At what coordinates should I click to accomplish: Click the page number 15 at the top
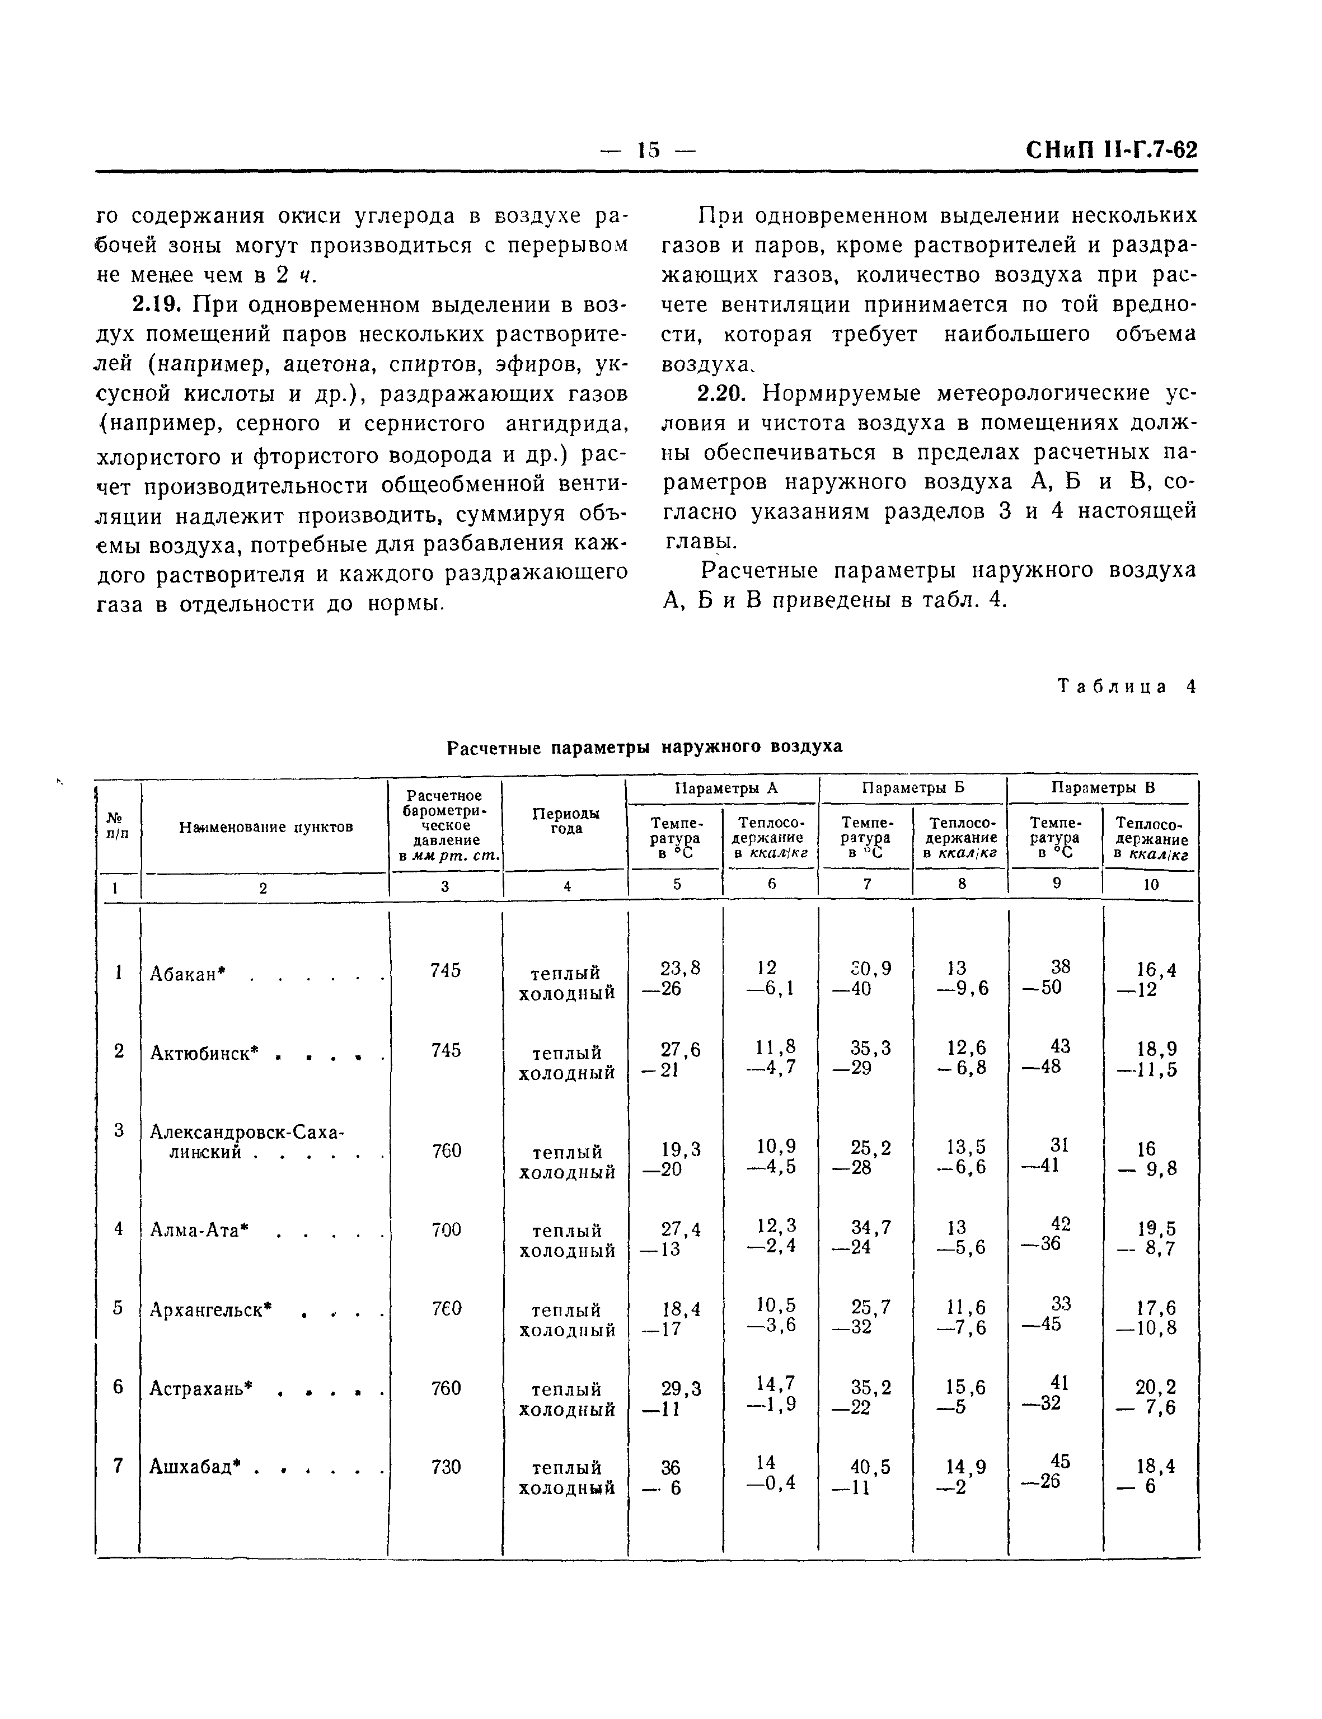click(x=649, y=149)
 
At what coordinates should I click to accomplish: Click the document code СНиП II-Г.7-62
click(x=1111, y=149)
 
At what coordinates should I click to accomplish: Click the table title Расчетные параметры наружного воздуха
click(x=644, y=746)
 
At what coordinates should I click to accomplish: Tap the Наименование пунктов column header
click(x=265, y=827)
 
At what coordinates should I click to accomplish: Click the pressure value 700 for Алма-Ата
click(x=446, y=1229)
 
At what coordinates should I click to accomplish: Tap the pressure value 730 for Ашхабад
click(x=446, y=1467)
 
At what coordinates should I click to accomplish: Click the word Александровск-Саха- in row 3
click(x=247, y=1132)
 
